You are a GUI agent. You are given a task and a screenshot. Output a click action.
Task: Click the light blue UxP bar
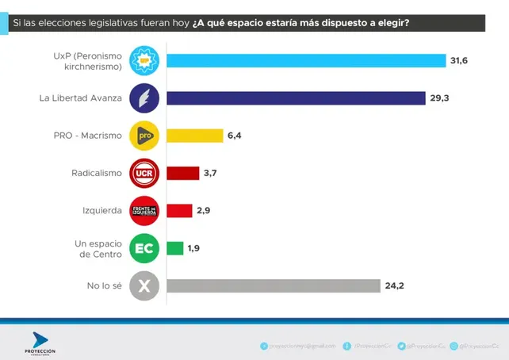click(x=306, y=61)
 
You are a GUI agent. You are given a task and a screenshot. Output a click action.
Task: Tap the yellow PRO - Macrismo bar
click(x=195, y=136)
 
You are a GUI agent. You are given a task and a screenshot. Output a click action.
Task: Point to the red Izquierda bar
click(x=179, y=210)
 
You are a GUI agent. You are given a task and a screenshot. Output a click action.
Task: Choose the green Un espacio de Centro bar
click(x=175, y=248)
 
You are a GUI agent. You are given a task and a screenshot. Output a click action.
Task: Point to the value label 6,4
click(x=235, y=136)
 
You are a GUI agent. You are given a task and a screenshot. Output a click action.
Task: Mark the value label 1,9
click(x=195, y=248)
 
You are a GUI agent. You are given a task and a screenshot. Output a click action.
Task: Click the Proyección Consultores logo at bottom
click(x=40, y=343)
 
